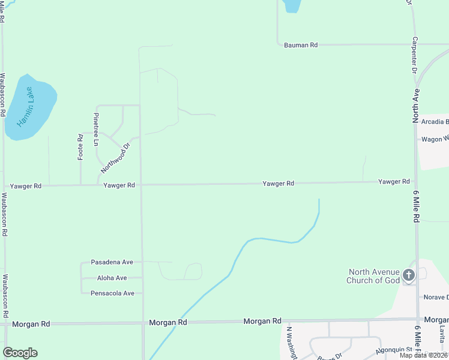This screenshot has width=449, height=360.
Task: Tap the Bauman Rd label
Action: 300,45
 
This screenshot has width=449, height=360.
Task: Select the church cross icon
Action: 409,276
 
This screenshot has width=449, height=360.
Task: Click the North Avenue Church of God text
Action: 373,276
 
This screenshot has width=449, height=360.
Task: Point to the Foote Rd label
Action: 80,146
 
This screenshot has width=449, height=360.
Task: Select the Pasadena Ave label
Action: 112,262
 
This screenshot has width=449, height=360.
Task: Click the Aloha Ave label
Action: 112,278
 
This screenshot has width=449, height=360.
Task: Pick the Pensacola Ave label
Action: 112,293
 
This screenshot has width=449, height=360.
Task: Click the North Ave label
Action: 415,106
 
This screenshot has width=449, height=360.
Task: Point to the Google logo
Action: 20,353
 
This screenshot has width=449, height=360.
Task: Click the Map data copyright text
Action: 424,355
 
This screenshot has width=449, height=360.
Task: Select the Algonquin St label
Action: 394,350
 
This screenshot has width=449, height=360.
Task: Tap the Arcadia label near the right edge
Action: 435,122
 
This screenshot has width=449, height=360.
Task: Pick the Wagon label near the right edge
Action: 435,139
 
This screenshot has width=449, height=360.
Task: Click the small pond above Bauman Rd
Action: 291,5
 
